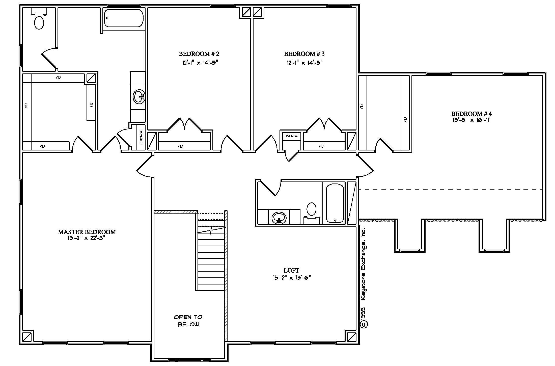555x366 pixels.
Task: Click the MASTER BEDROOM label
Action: [x=87, y=232]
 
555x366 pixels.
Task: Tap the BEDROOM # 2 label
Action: [x=199, y=54]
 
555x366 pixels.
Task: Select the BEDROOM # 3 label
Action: [x=304, y=54]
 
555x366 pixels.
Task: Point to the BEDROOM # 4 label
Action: [x=472, y=114]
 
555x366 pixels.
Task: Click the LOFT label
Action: [x=291, y=271]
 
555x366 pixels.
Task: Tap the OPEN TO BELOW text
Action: [x=188, y=321]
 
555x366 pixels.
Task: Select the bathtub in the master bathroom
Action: [x=124, y=18]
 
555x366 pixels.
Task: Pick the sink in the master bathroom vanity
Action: [x=138, y=97]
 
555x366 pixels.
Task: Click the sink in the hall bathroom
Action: [x=279, y=218]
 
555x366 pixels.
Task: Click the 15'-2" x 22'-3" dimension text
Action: [x=86, y=239]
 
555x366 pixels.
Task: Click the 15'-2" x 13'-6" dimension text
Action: [x=292, y=278]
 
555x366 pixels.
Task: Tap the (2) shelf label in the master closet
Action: [x=26, y=106]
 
